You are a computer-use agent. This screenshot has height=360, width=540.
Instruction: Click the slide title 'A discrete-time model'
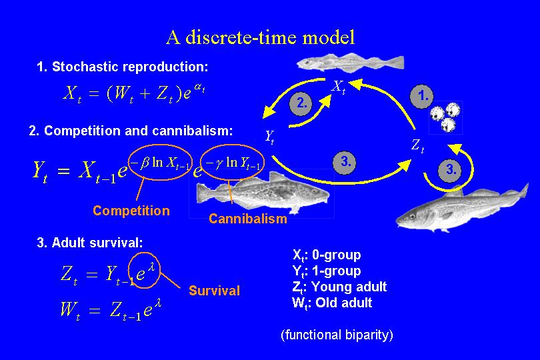(x=261, y=37)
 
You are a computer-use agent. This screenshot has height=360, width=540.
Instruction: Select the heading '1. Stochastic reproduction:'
(x=123, y=67)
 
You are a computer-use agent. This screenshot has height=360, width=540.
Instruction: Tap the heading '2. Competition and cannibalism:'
(x=131, y=131)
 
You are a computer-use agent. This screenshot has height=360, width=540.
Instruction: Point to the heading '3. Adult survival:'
(x=90, y=243)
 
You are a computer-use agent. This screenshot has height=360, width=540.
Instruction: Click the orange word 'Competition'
(x=131, y=211)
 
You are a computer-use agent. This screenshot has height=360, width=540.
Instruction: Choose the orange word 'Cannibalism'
(x=248, y=219)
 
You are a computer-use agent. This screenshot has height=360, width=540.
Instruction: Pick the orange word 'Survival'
(x=214, y=291)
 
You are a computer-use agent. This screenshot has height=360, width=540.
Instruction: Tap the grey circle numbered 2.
(x=302, y=103)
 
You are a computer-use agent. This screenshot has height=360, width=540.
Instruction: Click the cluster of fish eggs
(x=445, y=116)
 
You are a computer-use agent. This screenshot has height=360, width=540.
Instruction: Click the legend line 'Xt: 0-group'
(x=327, y=255)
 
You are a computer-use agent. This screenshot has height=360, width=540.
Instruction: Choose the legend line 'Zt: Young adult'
(x=339, y=287)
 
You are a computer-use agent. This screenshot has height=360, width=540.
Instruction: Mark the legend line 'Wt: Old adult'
(x=332, y=303)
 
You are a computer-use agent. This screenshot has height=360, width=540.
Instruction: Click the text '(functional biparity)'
(x=337, y=335)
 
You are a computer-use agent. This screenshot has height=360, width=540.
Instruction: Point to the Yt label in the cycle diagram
(x=269, y=137)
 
